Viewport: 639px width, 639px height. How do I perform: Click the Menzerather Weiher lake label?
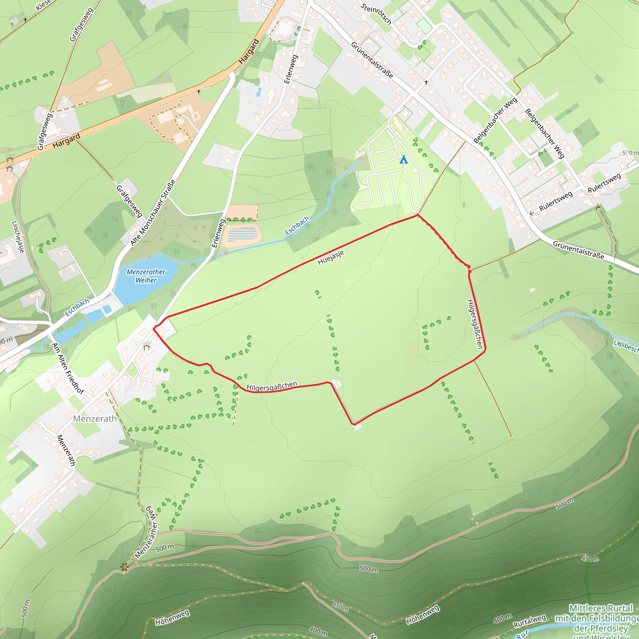point(146,276)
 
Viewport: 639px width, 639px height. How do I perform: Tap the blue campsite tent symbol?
point(403,160)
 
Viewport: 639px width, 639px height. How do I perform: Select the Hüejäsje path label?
point(331,257)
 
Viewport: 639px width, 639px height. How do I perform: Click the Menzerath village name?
point(95,419)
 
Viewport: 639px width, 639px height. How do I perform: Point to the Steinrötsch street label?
point(376,14)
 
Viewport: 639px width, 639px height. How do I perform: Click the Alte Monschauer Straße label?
point(153,213)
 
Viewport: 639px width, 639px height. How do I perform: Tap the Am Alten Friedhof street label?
point(68,369)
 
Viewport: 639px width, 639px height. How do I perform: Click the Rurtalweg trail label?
point(529,621)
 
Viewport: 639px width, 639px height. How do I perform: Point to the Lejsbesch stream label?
point(626,346)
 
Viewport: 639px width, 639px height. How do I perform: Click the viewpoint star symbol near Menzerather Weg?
point(124,567)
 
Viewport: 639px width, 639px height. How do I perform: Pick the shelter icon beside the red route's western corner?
point(147,346)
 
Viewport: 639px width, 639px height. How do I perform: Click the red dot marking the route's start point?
point(470,271)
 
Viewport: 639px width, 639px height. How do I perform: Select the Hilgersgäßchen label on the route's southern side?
point(271,386)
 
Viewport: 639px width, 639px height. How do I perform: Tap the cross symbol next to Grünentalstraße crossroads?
point(426,82)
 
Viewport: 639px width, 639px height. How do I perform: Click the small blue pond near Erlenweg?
point(259,92)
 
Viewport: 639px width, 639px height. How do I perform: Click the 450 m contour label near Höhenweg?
point(340,607)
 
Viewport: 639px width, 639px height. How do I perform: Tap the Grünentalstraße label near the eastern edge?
point(578,250)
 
